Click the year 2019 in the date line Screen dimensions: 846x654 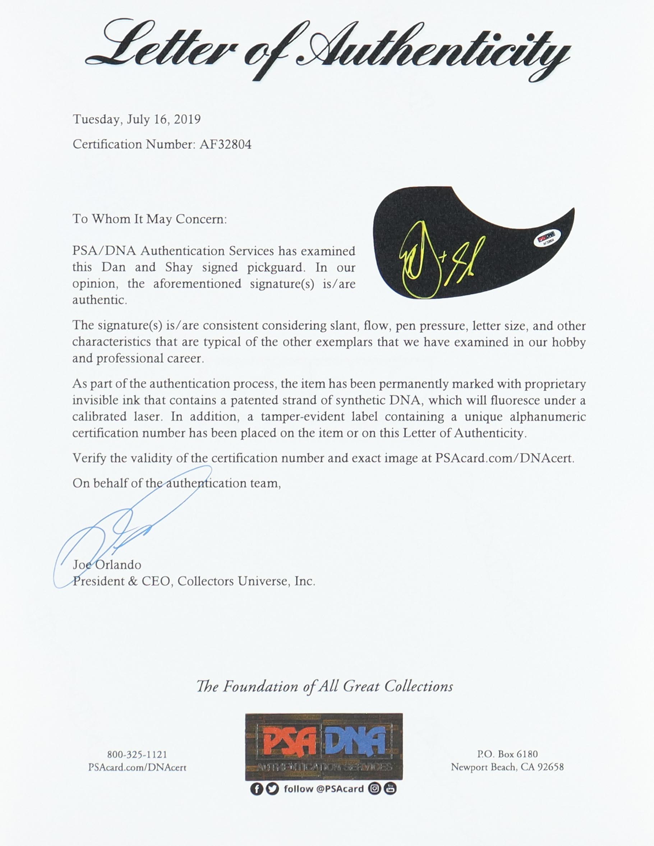[187, 119]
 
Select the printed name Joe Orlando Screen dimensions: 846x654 [107, 565]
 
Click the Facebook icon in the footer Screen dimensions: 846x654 [256, 789]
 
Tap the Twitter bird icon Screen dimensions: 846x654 [272, 789]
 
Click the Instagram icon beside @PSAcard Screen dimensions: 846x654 [374, 789]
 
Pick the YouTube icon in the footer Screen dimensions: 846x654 [391, 789]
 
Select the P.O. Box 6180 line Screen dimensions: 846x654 [507, 754]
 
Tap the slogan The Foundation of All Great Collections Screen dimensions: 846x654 [325, 686]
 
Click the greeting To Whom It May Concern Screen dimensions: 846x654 [149, 219]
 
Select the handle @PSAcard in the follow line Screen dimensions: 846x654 [340, 789]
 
